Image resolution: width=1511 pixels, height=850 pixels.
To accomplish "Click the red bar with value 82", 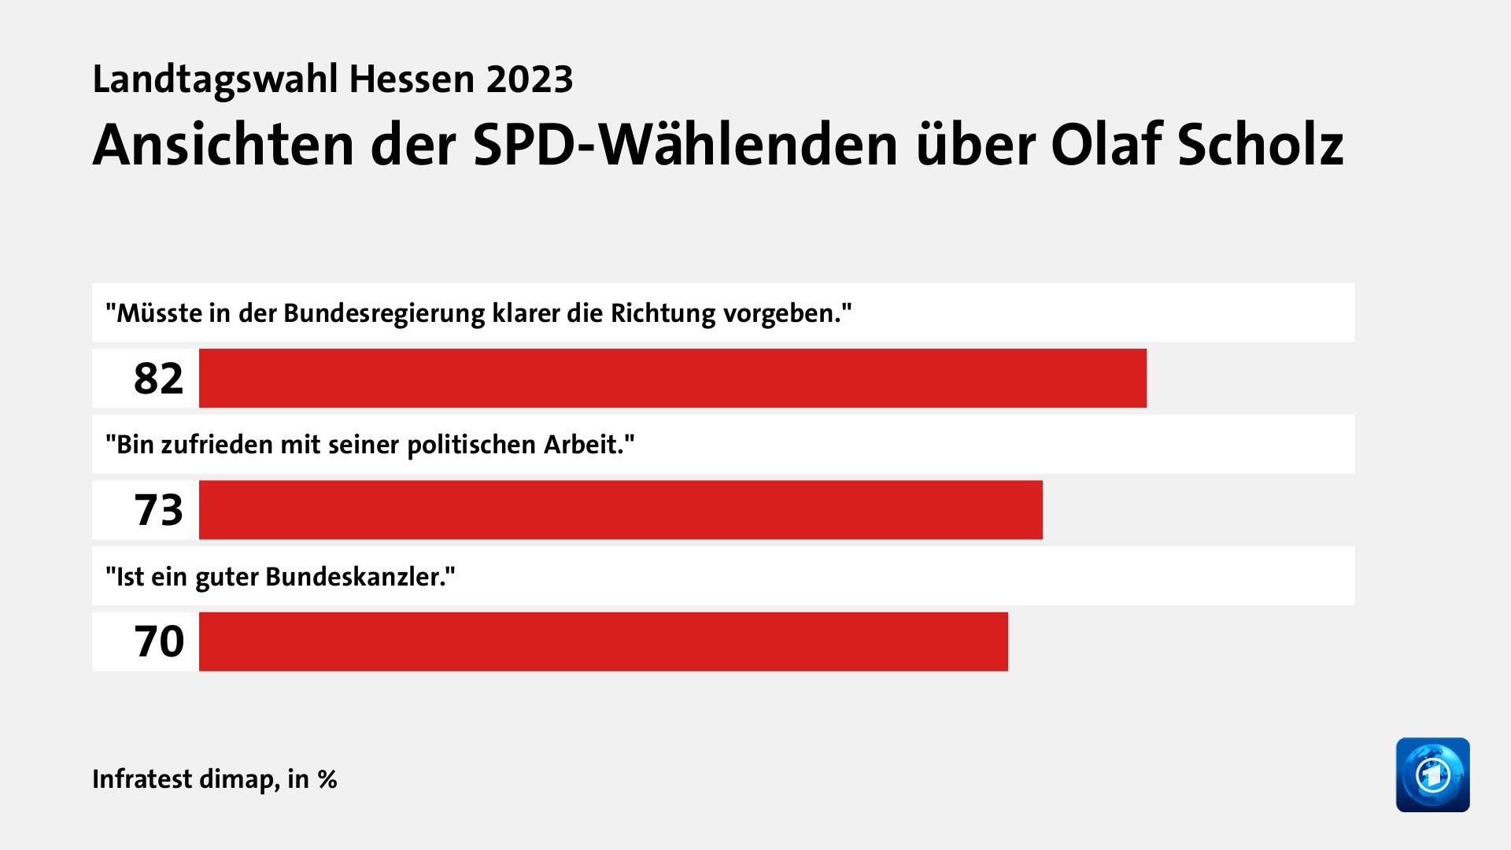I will (673, 379).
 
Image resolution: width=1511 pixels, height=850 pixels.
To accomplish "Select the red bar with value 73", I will (621, 510).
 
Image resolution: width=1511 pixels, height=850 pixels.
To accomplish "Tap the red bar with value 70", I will (604, 641).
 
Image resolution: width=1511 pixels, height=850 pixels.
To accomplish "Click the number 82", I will (158, 379).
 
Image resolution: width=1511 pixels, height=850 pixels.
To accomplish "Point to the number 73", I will (158, 510).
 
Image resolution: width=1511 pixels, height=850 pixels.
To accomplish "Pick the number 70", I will (158, 641).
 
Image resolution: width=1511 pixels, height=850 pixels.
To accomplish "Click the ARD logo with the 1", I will (1432, 774).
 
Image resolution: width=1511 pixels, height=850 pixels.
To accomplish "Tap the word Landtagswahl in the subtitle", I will (215, 79).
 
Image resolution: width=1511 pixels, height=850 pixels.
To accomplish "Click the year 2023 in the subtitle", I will (529, 79).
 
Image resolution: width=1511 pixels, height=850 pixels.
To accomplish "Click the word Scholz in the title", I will (1260, 145).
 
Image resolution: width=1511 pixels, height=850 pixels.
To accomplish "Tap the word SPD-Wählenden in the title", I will (685, 145).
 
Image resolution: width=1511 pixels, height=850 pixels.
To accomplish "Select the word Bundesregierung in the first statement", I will (384, 313).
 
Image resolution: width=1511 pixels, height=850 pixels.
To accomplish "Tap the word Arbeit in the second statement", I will (585, 445).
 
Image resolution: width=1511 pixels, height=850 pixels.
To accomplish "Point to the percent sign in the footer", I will (327, 779).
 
